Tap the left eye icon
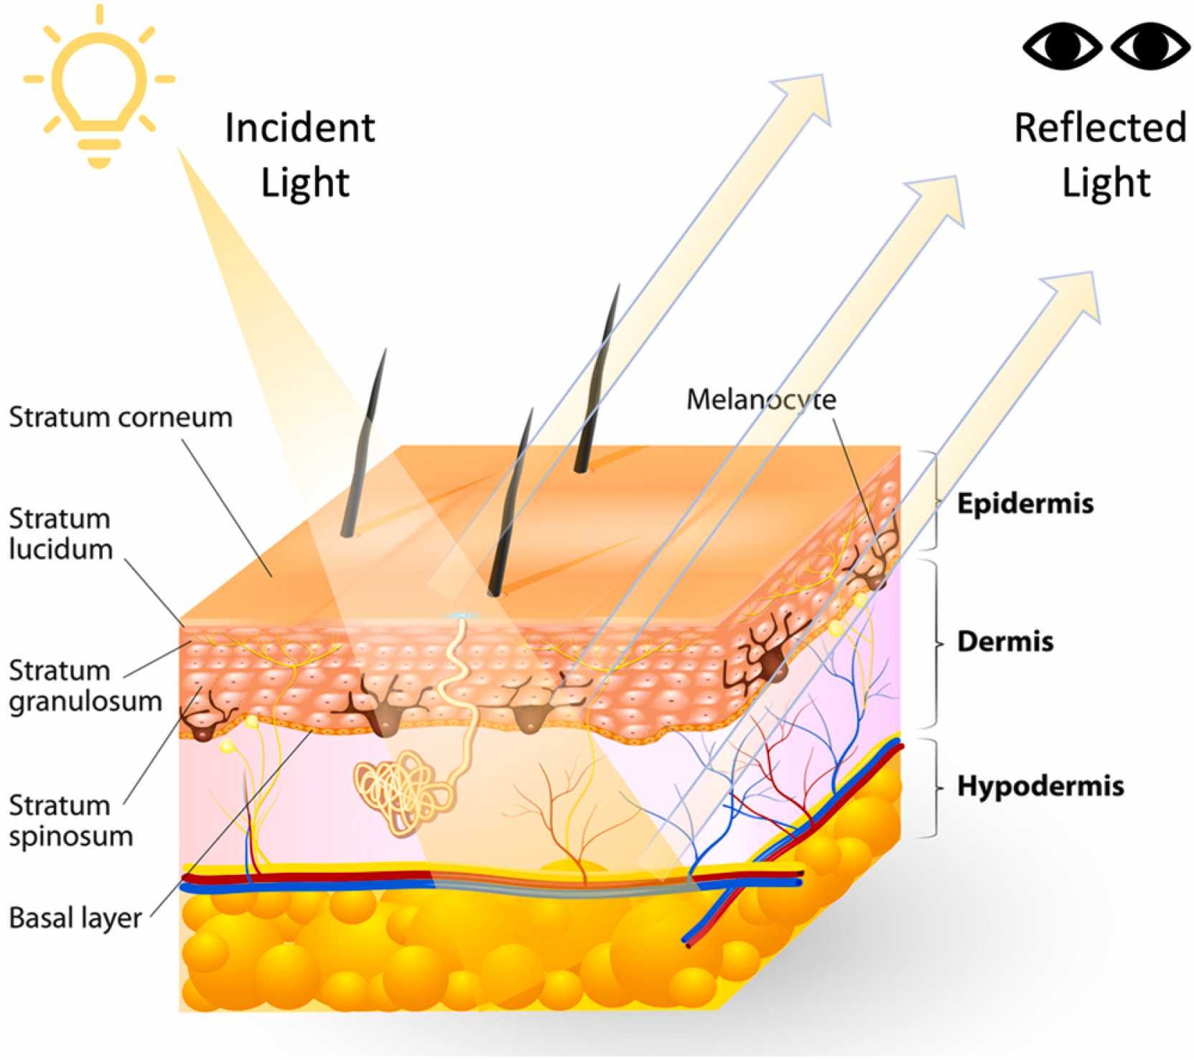click(x=1063, y=46)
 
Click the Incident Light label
click(x=301, y=155)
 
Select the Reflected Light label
click(x=1101, y=155)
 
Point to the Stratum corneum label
click(x=121, y=417)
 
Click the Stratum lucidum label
click(x=61, y=534)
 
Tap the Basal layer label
click(x=75, y=918)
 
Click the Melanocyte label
click(x=761, y=400)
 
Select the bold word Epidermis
click(x=1025, y=504)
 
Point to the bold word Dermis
click(x=1005, y=642)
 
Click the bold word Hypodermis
click(x=1040, y=787)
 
